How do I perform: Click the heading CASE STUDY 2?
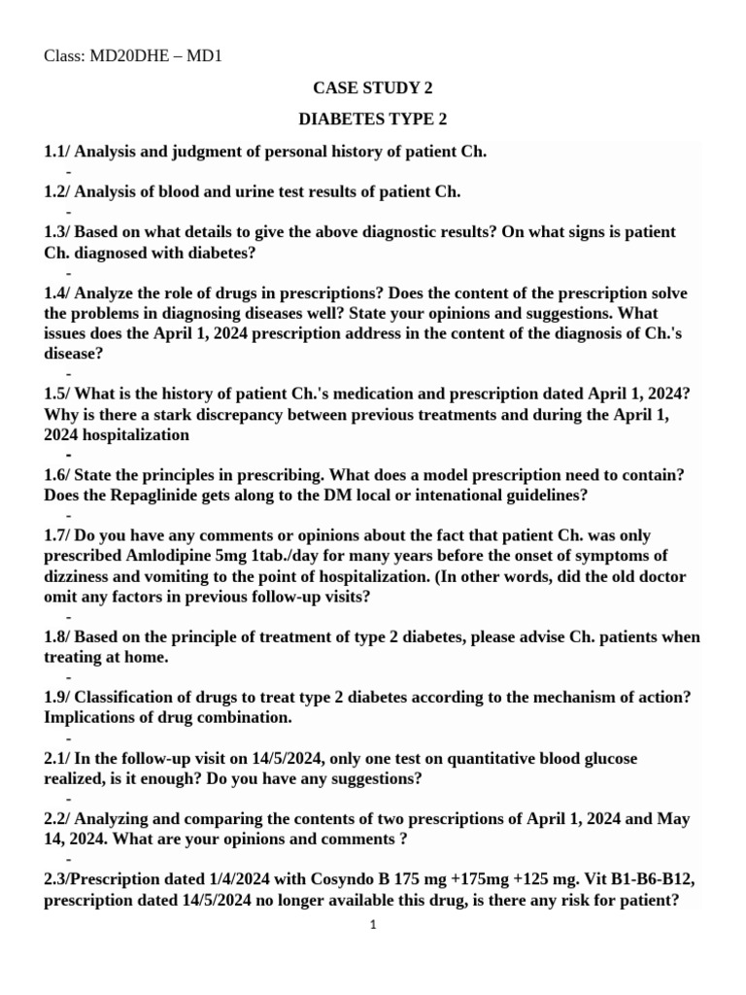point(373,87)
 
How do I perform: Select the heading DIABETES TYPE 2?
point(373,120)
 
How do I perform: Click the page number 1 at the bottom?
point(372,925)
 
